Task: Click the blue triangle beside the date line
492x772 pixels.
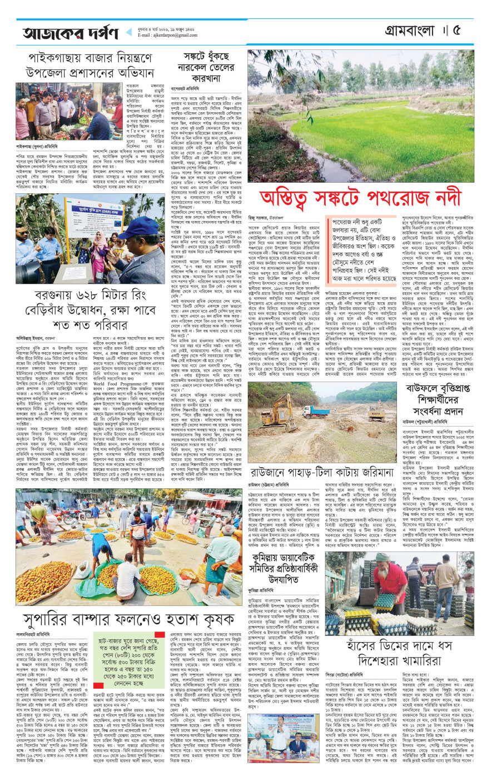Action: click(x=129, y=33)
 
